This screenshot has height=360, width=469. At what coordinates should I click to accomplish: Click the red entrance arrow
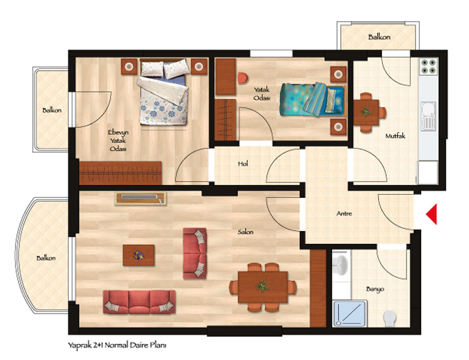click(431, 214)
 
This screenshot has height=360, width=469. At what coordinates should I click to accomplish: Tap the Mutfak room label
click(395, 136)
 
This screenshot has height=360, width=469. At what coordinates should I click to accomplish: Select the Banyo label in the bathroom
click(375, 289)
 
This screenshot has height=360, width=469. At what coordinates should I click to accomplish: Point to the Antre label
click(344, 214)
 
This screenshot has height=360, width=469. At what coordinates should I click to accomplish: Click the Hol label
click(243, 164)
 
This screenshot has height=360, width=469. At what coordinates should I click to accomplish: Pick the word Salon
click(246, 232)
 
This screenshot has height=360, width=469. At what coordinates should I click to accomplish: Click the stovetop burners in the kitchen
click(428, 66)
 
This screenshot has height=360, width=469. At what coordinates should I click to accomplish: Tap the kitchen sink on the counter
click(429, 116)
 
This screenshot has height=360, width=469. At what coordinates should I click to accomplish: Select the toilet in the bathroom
click(390, 319)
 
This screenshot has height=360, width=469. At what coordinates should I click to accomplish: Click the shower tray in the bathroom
click(350, 313)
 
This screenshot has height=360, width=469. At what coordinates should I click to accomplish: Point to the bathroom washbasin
click(340, 264)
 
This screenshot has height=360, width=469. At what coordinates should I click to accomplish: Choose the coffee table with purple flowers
click(139, 255)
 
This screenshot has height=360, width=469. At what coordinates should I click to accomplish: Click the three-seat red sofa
click(139, 302)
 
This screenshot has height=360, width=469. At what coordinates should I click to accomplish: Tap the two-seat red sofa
click(195, 254)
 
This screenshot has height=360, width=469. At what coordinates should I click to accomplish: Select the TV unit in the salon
click(140, 199)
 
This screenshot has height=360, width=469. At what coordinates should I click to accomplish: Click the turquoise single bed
click(313, 99)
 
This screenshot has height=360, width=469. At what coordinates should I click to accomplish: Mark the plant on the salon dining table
click(262, 286)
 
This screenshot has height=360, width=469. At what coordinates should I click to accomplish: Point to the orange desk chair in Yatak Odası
click(243, 78)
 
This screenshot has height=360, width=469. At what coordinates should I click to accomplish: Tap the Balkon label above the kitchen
click(379, 37)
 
